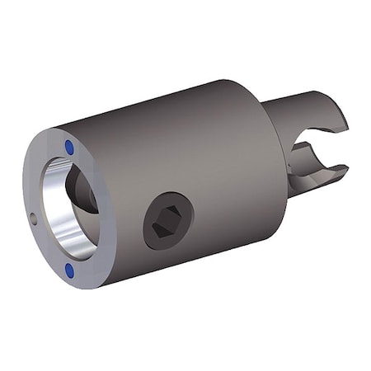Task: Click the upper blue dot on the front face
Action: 69,146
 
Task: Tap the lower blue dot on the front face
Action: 69,269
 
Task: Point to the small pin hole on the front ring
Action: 33,218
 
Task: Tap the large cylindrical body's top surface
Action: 165,111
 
